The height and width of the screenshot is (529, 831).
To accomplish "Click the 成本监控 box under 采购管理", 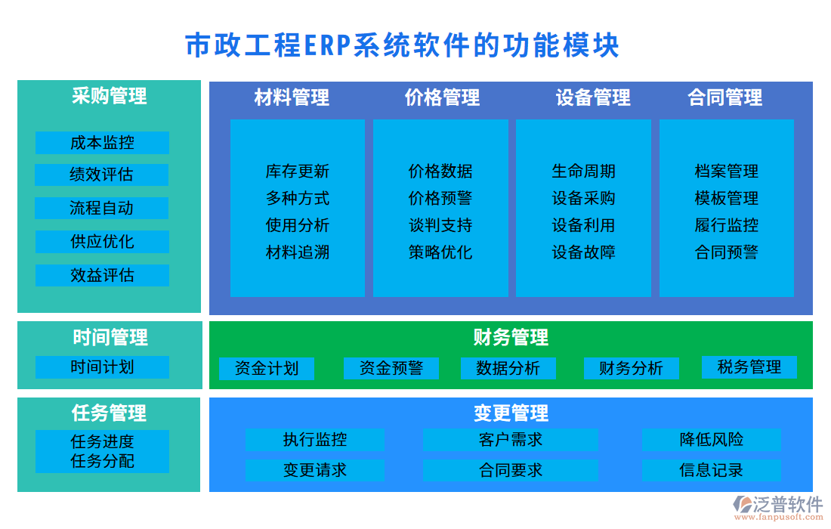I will (102, 143).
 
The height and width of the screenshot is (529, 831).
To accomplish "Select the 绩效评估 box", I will (102, 175).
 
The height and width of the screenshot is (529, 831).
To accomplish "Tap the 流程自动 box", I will (102, 208).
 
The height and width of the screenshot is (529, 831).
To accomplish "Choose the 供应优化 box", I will (102, 242).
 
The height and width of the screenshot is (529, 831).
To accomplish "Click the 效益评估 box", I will (102, 275).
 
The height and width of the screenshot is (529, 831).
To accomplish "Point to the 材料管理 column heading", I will (292, 97).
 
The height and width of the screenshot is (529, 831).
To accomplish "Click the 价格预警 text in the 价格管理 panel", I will (440, 198).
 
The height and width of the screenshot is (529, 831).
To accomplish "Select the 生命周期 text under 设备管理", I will (583, 172).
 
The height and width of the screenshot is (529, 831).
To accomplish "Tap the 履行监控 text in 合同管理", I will (726, 225).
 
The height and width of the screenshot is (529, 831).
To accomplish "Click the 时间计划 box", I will (102, 367).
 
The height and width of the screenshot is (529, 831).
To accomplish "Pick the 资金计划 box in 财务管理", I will (267, 369).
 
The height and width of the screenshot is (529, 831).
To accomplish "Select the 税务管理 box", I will (749, 367).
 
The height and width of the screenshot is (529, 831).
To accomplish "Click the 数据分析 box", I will (508, 369).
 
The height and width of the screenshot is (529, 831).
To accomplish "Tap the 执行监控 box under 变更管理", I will (315, 440).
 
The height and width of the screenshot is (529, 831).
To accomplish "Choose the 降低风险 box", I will (711, 440).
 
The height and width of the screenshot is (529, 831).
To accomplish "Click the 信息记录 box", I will (711, 470).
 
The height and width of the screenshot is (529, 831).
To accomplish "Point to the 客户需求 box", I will (510, 440).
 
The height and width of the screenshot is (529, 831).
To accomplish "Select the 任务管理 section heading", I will (109, 413).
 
